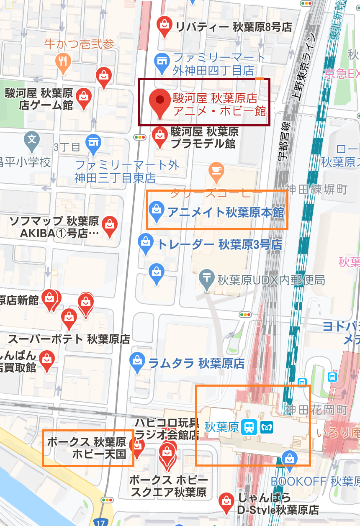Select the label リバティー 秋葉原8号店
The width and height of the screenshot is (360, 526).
coord(233,27)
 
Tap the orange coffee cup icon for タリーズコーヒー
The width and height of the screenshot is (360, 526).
coord(216,171)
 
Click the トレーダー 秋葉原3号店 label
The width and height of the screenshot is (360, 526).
coord(219,244)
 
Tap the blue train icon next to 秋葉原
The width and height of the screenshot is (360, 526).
coord(250,427)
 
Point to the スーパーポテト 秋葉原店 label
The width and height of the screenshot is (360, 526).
coord(69,339)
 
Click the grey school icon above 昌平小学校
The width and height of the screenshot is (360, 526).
coord(32,139)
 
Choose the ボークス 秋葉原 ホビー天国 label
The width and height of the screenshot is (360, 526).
coord(87,448)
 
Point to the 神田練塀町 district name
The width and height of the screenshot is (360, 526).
coord(316,189)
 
